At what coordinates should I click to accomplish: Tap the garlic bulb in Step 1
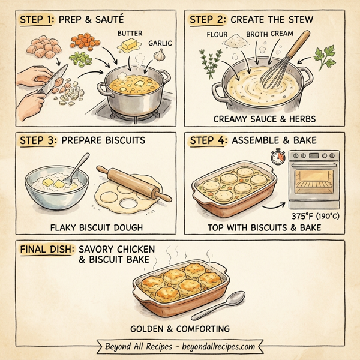pos(160,54)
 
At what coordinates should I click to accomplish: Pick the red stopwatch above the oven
pos(277,158)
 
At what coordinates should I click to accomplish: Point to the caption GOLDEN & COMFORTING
pos(180,328)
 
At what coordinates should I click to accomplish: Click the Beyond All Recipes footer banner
pos(180,346)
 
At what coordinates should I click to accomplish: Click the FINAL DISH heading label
pos(45,248)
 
